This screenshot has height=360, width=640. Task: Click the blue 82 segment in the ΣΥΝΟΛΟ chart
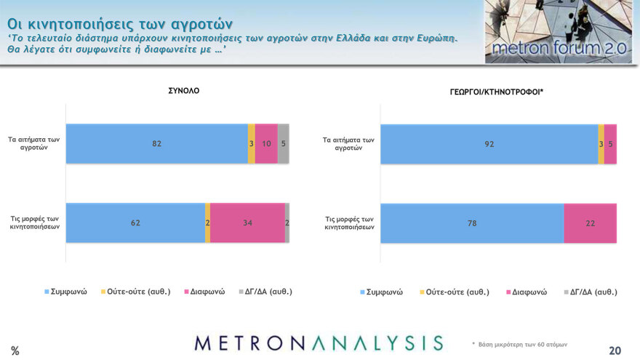coord(156,143)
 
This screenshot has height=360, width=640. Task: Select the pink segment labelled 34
coord(247,223)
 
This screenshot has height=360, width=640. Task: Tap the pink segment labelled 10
coord(266,143)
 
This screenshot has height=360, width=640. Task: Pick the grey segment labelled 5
coord(284,143)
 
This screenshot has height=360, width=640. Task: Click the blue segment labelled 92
coord(489,144)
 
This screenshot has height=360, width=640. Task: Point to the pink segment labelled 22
coord(590,223)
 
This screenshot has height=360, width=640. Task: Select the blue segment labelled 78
coord(471,223)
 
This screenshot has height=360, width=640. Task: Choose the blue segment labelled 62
coord(135,223)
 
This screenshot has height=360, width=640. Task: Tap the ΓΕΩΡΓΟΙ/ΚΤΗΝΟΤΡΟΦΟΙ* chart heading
coord(497,91)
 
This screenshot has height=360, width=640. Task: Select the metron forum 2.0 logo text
coord(559,49)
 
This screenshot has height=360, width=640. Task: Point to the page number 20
coord(615,351)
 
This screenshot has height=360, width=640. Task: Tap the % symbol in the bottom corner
coord(15,351)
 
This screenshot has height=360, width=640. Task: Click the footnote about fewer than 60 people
coord(519,344)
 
